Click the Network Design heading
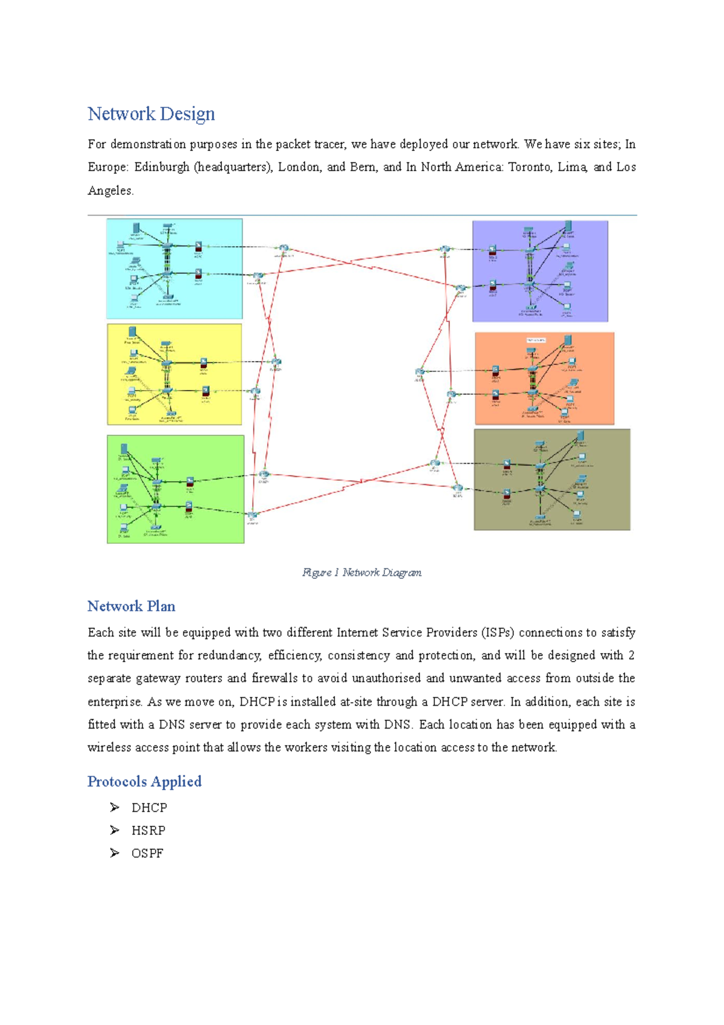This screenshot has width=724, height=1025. (x=151, y=113)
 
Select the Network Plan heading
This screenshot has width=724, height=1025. (x=131, y=606)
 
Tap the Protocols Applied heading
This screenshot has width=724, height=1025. (x=144, y=781)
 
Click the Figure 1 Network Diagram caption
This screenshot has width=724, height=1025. (x=361, y=572)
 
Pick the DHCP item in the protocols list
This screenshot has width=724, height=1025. (x=149, y=808)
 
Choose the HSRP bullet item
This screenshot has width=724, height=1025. (x=148, y=831)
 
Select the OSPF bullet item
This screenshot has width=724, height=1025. (x=147, y=854)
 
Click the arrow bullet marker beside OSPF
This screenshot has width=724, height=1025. (x=115, y=853)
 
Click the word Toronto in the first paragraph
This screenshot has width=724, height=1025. (x=529, y=167)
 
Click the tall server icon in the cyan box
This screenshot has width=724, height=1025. (x=136, y=228)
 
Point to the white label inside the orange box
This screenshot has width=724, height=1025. (x=536, y=340)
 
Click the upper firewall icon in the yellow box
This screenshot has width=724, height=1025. (x=204, y=363)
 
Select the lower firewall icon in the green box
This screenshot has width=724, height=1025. (x=189, y=506)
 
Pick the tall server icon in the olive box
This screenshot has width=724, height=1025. (x=580, y=435)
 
